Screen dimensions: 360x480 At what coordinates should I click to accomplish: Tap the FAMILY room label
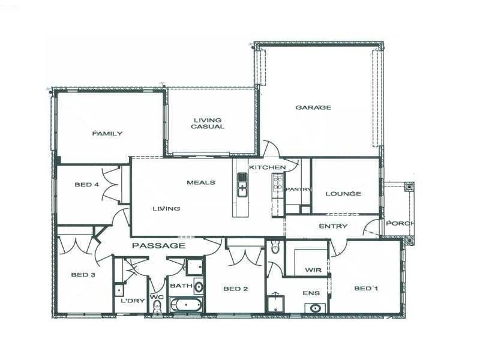pos(107,133)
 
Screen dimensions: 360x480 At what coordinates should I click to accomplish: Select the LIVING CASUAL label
pos(208,123)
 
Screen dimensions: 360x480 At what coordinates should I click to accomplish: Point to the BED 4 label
pos(86,185)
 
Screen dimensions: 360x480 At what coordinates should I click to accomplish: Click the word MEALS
pos(200,182)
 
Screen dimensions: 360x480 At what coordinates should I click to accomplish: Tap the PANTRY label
pos(298,190)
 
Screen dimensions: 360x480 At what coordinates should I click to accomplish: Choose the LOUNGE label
pos(343,193)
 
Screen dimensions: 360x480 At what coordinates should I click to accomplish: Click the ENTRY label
pos(333,226)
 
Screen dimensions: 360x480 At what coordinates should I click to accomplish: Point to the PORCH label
pos(399,223)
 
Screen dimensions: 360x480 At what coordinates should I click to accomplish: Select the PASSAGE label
pos(158,245)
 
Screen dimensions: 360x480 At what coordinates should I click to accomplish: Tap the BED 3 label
pos(83,275)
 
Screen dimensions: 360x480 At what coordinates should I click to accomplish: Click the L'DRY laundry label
pos(133,301)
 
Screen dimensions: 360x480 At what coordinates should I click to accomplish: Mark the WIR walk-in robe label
pos(313,271)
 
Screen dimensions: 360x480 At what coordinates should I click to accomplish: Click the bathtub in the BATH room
pos(187,305)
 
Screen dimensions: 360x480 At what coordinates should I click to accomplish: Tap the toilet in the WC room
pos(157,307)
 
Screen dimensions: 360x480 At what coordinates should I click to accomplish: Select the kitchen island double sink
pos(242,185)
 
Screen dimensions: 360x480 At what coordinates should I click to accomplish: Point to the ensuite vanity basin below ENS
pos(314,308)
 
